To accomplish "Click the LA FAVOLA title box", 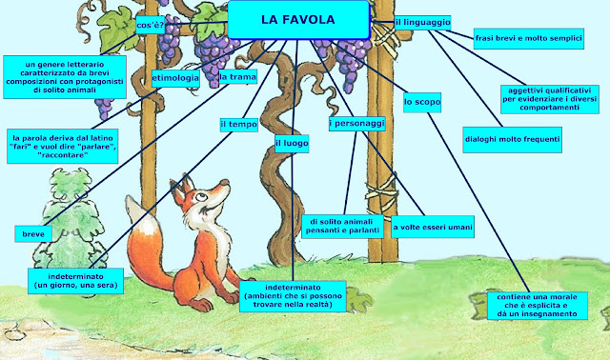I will coord(297,19).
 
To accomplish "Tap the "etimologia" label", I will coord(174,78).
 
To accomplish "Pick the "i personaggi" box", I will coord(356,124).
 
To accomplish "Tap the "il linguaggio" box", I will coord(422,22).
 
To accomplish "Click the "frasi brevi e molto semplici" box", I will coord(528,39).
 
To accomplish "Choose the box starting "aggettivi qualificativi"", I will coord(550,98).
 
